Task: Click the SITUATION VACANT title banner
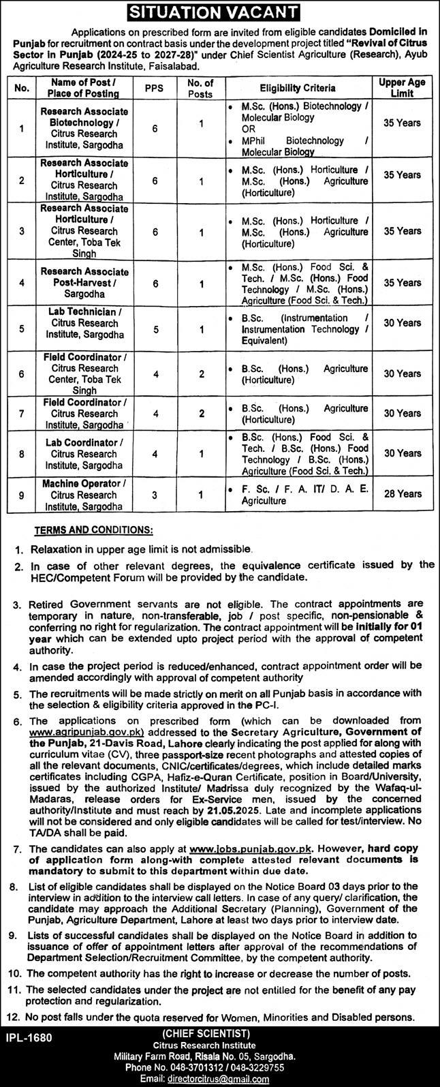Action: tap(220, 12)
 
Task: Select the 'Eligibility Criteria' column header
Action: tap(297, 88)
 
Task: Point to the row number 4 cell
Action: tap(22, 282)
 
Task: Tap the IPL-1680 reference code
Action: tap(28, 1036)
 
